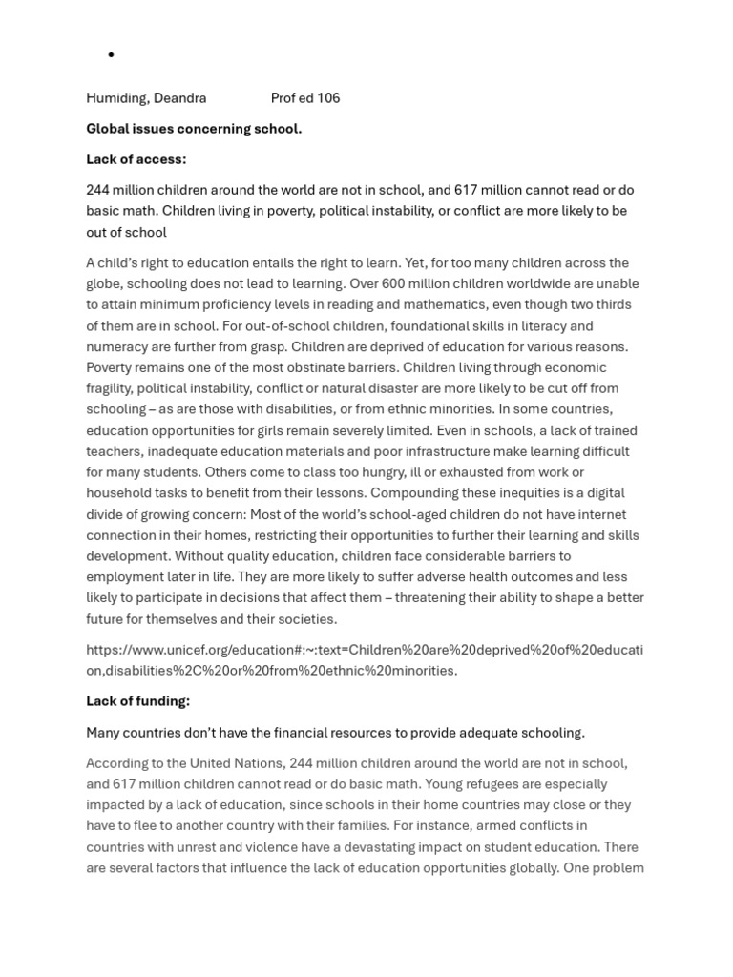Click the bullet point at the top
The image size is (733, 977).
tap(111, 55)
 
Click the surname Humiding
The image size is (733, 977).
tap(115, 98)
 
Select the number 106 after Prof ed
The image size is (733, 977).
tap(327, 98)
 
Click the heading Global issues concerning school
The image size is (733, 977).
tap(194, 129)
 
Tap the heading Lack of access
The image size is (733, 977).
tap(136, 159)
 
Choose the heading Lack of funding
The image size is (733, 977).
tap(137, 701)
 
